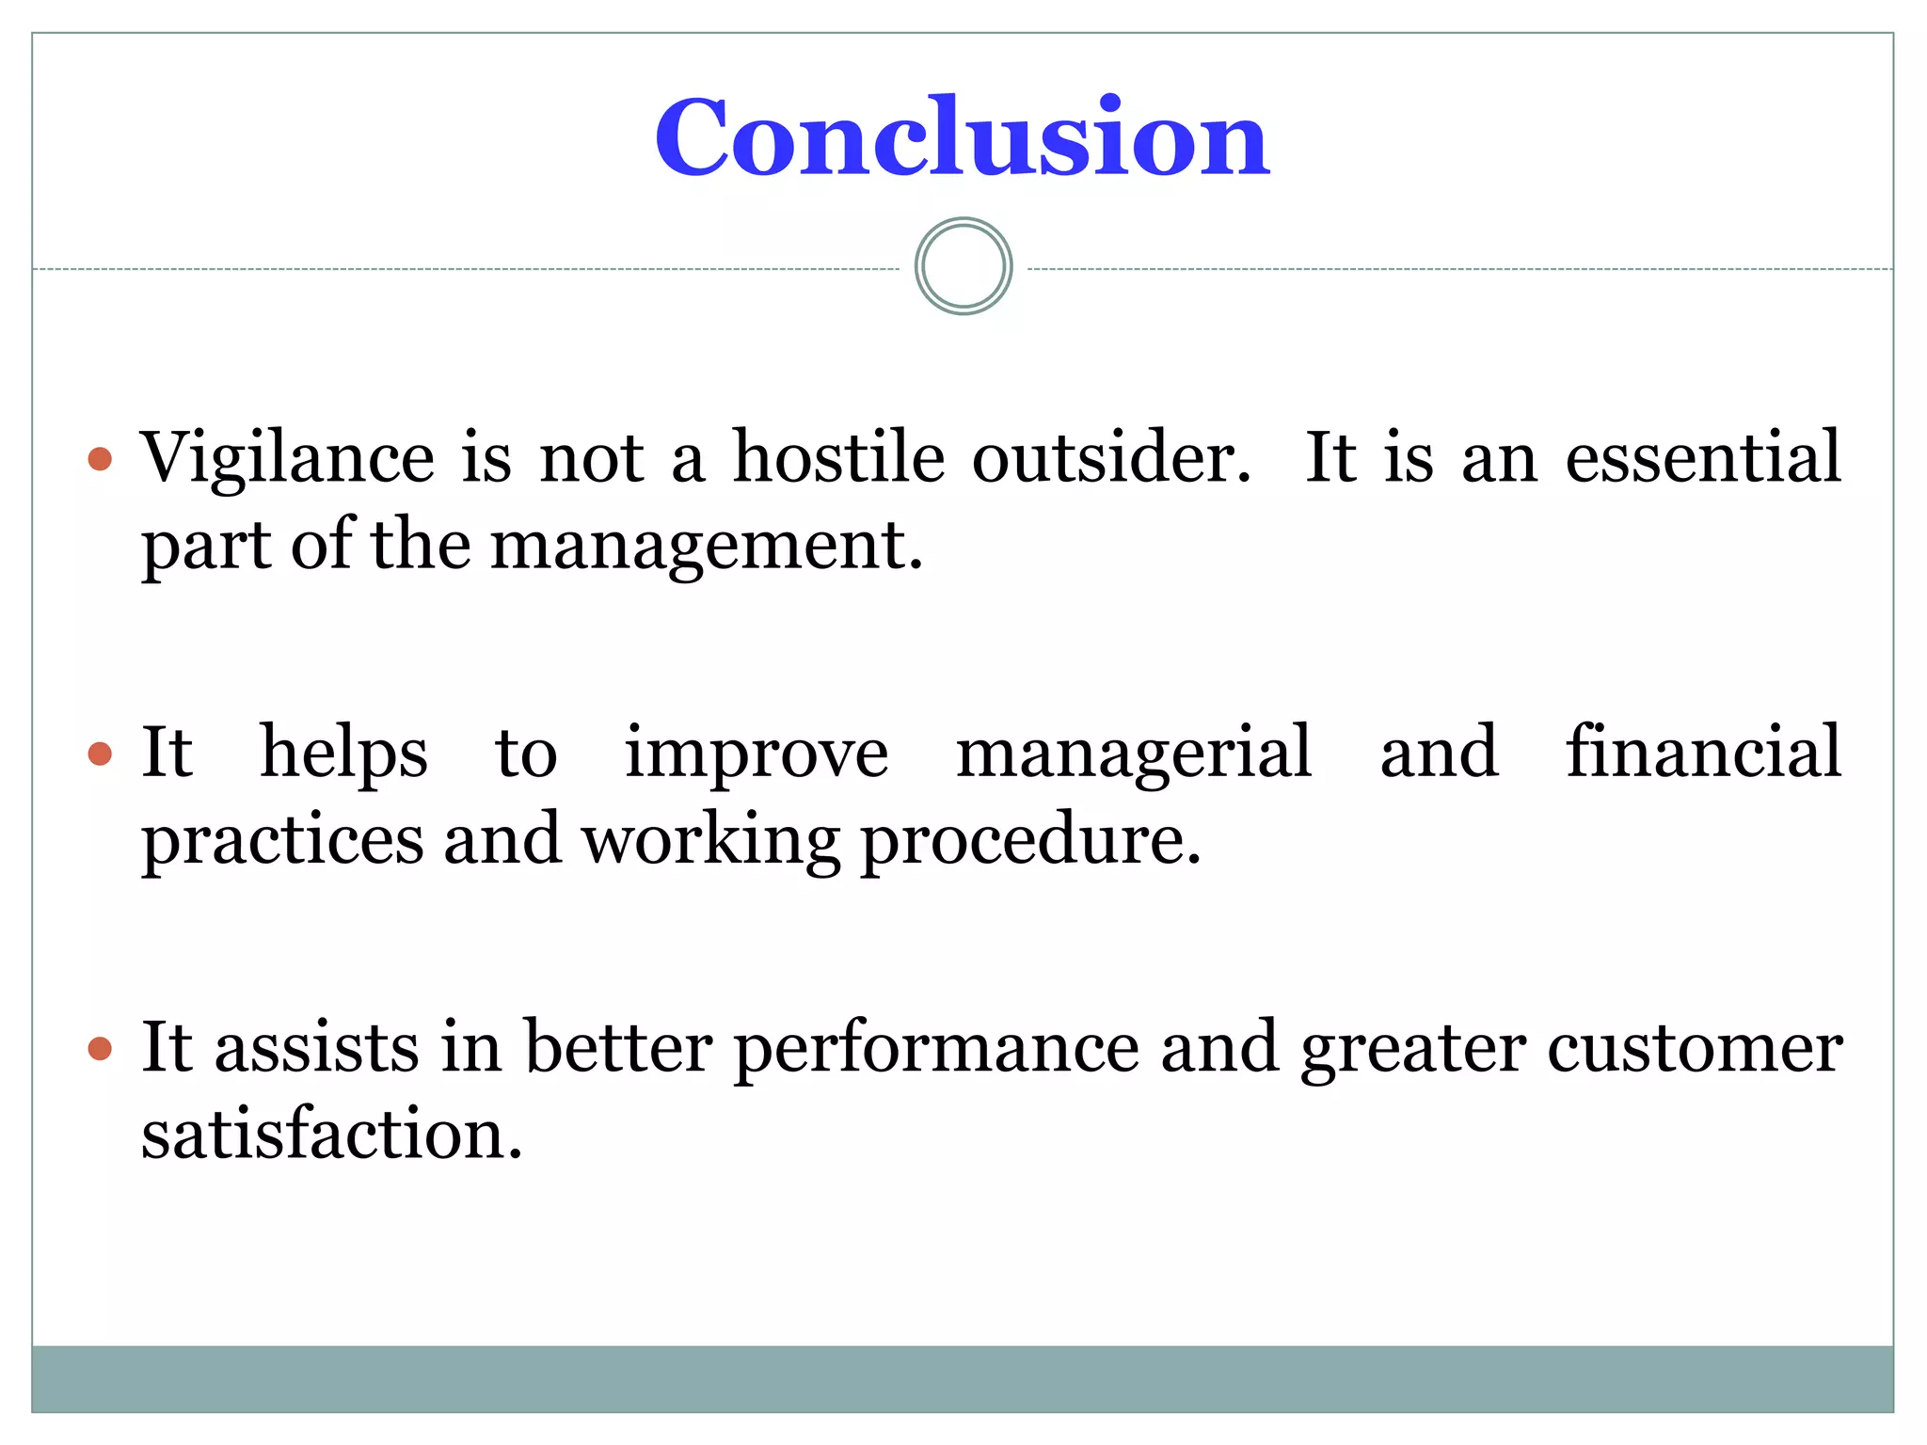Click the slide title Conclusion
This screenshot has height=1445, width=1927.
[x=962, y=138]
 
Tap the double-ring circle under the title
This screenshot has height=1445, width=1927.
[x=963, y=266]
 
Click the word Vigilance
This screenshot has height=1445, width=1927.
[x=287, y=459]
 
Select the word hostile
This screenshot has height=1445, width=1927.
[x=838, y=457]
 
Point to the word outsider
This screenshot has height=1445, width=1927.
[x=1111, y=457]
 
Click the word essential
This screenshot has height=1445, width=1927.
[x=1702, y=457]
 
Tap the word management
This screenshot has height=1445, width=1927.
[x=706, y=548]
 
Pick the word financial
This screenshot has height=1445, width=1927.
[x=1703, y=752]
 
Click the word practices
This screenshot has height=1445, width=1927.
[x=282, y=841]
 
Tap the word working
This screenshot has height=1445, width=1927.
[x=710, y=841]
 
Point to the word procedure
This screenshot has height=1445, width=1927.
[x=1030, y=841]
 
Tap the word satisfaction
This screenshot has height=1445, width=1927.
[x=331, y=1135]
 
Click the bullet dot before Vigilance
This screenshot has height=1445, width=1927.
[x=100, y=459]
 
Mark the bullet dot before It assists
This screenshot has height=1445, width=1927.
[x=100, y=1048]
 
